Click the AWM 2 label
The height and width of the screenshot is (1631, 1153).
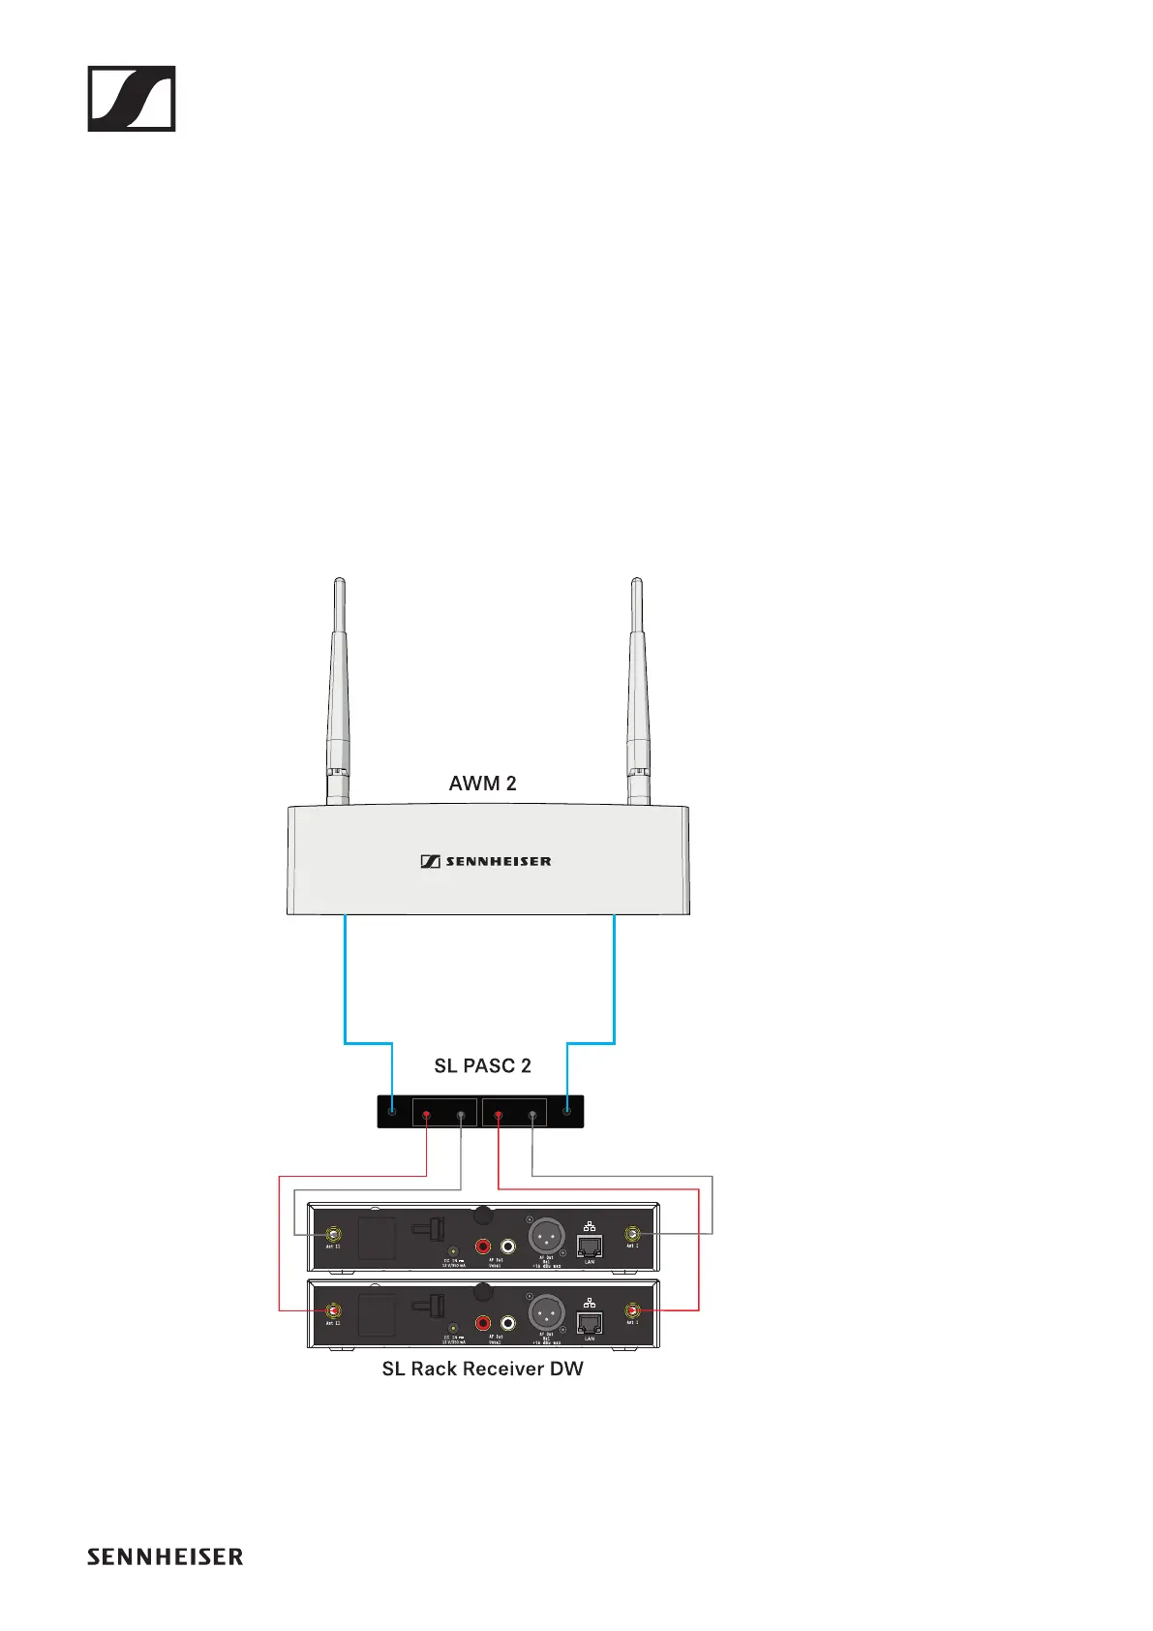tap(482, 784)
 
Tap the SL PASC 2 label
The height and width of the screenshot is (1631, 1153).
tap(482, 1065)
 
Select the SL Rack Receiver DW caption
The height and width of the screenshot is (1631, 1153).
tap(482, 1369)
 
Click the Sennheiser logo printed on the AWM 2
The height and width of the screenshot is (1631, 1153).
tap(486, 861)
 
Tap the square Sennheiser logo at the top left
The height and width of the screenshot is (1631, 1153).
tap(132, 99)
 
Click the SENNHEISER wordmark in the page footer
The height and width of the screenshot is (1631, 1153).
tap(165, 1556)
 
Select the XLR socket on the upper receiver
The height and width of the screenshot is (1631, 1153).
tap(546, 1235)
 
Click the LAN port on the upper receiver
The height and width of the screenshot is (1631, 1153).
tap(589, 1246)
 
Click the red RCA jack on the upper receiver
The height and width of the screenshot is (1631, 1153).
tap(482, 1246)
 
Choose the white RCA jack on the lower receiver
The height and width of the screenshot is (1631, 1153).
tap(507, 1323)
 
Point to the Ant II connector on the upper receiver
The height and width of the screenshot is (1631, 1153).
tap(333, 1234)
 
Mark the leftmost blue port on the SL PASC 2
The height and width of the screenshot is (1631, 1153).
tap(392, 1111)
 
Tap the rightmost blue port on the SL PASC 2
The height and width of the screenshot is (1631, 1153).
tap(567, 1111)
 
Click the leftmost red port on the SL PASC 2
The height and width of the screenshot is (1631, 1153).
tap(426, 1116)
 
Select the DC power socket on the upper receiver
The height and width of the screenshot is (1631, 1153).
tap(453, 1250)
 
